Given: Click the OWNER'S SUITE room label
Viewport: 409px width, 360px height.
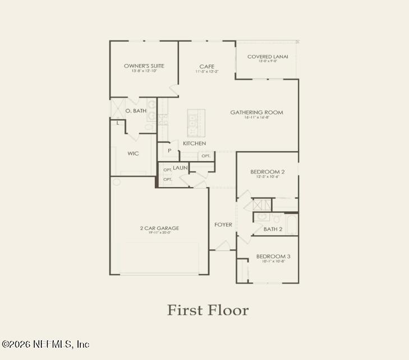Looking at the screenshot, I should click(x=144, y=66).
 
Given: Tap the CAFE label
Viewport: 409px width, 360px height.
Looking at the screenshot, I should click(x=207, y=66).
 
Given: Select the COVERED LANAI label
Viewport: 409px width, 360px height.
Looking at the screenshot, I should click(x=268, y=56).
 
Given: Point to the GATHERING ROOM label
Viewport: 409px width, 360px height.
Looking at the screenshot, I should click(x=256, y=112).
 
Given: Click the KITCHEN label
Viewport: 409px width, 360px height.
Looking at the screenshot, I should click(x=194, y=144).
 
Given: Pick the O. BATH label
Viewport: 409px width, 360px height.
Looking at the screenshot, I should click(x=136, y=111).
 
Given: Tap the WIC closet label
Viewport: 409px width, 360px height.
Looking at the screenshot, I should click(x=133, y=153).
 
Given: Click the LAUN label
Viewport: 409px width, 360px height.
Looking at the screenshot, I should click(x=180, y=167).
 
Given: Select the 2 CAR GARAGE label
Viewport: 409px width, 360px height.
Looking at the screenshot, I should click(x=160, y=228).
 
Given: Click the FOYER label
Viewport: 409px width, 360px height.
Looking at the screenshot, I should click(x=223, y=225).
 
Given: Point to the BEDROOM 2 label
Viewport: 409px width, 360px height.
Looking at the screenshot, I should click(x=267, y=172).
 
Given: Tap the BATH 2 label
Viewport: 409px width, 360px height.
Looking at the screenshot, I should click(x=273, y=229).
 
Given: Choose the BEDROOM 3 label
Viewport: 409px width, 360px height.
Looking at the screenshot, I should click(x=273, y=256).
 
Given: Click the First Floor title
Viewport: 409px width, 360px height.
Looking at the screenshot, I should click(x=208, y=310).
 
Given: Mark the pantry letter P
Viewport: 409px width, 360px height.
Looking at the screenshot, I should click(x=169, y=151).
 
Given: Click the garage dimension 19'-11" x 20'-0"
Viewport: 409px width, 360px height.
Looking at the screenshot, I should click(x=160, y=233).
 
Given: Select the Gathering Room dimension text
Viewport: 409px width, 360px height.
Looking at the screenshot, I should click(x=256, y=117).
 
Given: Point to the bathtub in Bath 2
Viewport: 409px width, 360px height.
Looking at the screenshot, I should click(x=292, y=225).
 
